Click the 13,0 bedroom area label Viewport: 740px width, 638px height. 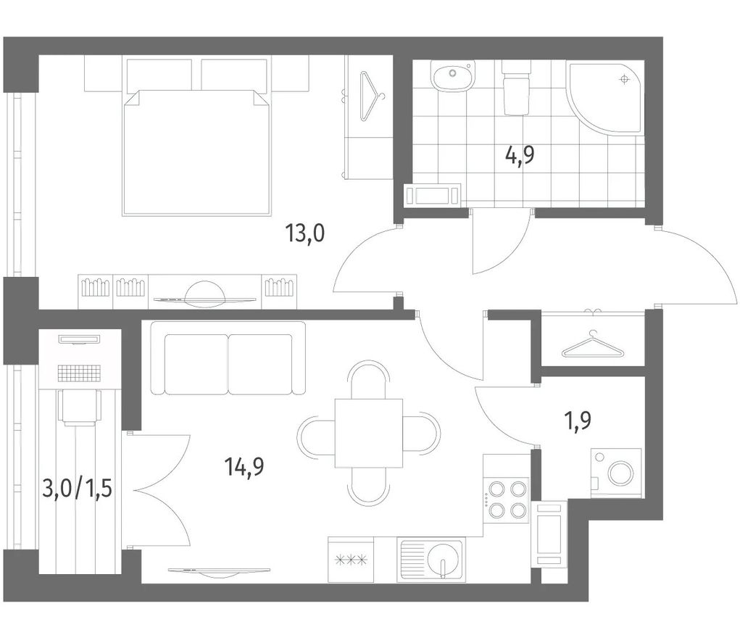pyautogui.click(x=305, y=233)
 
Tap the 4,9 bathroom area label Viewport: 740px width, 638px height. pyautogui.click(x=520, y=154)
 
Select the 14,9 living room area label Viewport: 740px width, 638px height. pyautogui.click(x=244, y=467)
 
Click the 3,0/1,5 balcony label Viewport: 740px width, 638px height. pyautogui.click(x=78, y=489)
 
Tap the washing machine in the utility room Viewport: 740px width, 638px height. pyautogui.click(x=616, y=473)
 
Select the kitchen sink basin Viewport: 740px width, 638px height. pyautogui.click(x=431, y=560)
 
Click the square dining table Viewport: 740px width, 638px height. pyautogui.click(x=369, y=433)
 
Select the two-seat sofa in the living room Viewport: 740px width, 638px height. pyautogui.click(x=228, y=358)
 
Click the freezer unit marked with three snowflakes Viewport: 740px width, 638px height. pyautogui.click(x=351, y=560)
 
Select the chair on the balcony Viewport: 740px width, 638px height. pyautogui.click(x=80, y=407)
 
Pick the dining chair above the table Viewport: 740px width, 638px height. pyautogui.click(x=369, y=380)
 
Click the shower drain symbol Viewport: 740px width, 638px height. pyautogui.click(x=625, y=80)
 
